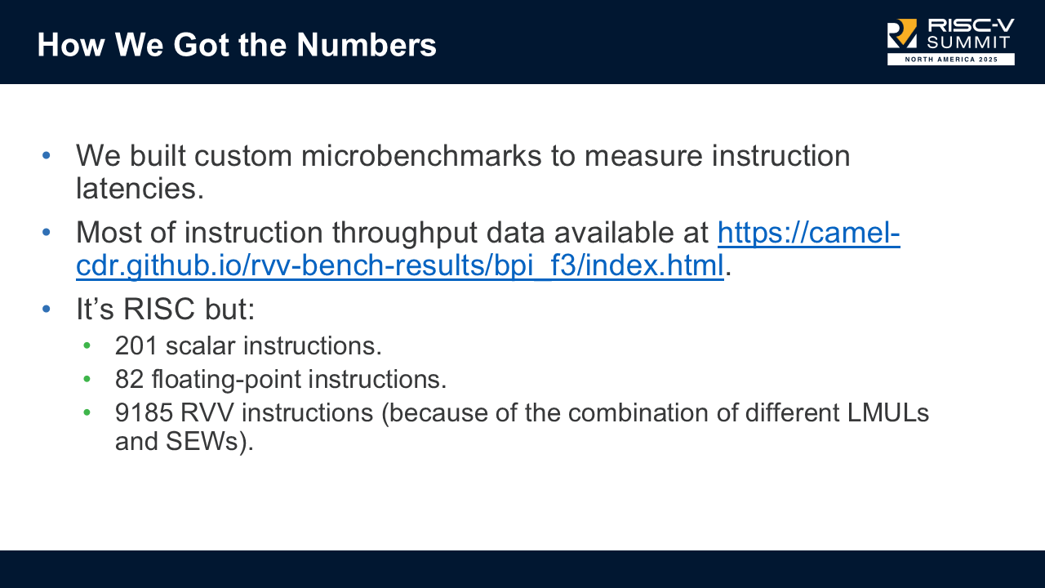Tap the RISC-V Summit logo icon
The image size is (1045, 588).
[x=902, y=34]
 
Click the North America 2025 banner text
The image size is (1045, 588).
[x=951, y=60]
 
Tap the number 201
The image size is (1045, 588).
[x=136, y=345]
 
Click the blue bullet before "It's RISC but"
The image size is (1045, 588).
[x=47, y=310]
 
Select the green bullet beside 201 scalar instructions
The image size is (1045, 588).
[x=87, y=346]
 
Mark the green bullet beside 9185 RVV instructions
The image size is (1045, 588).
[x=87, y=413]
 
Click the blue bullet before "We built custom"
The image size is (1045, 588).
[x=47, y=155]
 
